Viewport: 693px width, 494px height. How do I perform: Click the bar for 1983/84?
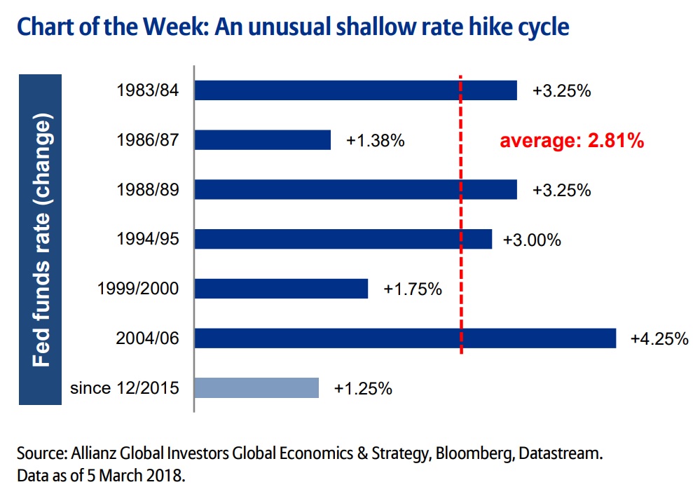pyautogui.click(x=355, y=90)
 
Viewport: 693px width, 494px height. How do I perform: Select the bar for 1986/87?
pyautogui.click(x=262, y=140)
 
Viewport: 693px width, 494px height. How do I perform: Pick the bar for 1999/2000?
pyautogui.click(x=281, y=289)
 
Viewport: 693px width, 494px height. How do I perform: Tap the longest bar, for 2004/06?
pyautogui.click(x=405, y=338)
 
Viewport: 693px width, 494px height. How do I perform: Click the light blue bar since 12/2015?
pyautogui.click(x=256, y=388)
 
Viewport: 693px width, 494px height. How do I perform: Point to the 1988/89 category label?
pyautogui.click(x=149, y=190)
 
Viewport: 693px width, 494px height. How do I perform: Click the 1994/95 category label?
pyautogui.click(x=149, y=240)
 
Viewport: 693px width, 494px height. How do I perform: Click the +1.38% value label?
pyautogui.click(x=376, y=140)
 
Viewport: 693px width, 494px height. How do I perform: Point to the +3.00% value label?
pyautogui.click(x=532, y=240)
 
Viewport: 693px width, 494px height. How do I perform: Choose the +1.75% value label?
pyautogui.click(x=413, y=289)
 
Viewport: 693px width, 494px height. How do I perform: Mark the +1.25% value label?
pyautogui.click(x=363, y=388)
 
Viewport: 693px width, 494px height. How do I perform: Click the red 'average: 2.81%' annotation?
pyautogui.click(x=571, y=141)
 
